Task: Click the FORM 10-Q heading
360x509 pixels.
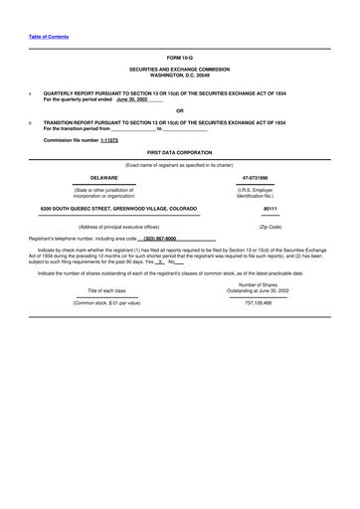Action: [180, 59]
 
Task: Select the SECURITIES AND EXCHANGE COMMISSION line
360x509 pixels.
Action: [180, 70]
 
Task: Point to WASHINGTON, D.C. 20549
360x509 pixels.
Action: [180, 76]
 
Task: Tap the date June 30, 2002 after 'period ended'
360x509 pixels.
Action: [131, 100]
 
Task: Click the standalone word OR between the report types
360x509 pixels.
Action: [180, 110]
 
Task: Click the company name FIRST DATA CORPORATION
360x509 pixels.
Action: [180, 152]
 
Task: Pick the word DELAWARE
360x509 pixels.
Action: [104, 177]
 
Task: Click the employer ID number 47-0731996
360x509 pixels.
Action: [256, 177]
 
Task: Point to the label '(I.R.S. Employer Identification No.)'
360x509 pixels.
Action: [256, 192]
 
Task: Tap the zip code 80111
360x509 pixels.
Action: [270, 209]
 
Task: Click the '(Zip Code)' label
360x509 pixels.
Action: [270, 227]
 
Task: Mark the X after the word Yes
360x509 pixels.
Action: [159, 260]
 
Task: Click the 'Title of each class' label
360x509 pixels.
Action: [107, 289]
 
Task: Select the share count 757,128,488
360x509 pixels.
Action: [258, 301]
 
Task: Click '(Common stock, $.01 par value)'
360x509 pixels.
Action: [107, 301]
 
